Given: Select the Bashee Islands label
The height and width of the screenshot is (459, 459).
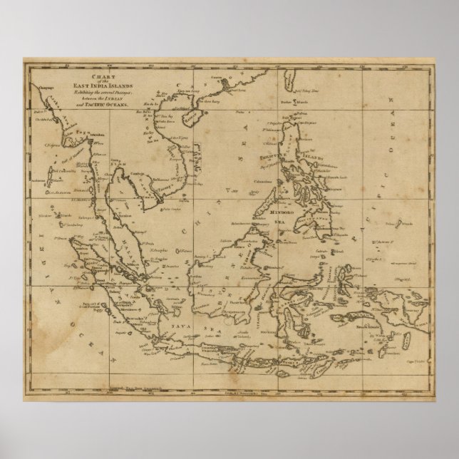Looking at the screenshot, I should coord(289,102).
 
